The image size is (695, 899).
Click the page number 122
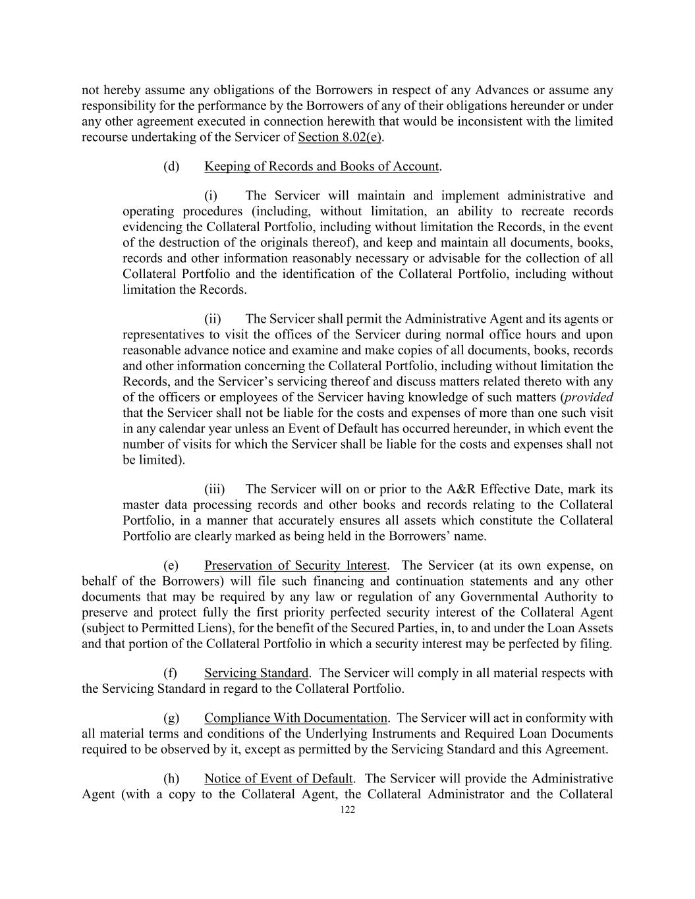[x=348, y=810]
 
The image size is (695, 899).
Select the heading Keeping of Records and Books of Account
[x=321, y=166]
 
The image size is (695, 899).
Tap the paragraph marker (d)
[x=171, y=166]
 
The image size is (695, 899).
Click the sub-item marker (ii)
[x=212, y=319]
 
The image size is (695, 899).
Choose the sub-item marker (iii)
[x=214, y=489]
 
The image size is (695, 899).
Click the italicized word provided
[x=590, y=397]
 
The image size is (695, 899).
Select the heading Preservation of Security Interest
[x=295, y=565]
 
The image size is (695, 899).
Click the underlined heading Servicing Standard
[x=256, y=673]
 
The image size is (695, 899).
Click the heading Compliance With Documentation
[x=296, y=718]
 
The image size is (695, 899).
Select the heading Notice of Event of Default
[x=279, y=778]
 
